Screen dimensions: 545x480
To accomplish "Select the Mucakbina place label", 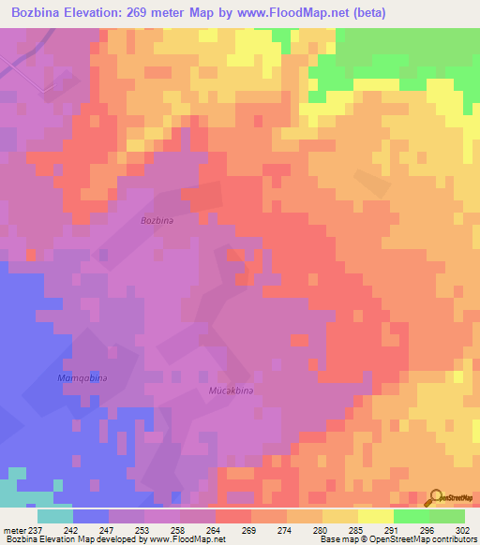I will pyautogui.click(x=231, y=389).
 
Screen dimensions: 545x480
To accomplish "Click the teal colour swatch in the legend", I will pyautogui.click(x=54, y=516).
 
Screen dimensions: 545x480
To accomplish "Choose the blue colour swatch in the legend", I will pyautogui.click(x=90, y=516).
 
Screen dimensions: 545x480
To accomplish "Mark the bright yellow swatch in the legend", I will pyautogui.click(x=375, y=516).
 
